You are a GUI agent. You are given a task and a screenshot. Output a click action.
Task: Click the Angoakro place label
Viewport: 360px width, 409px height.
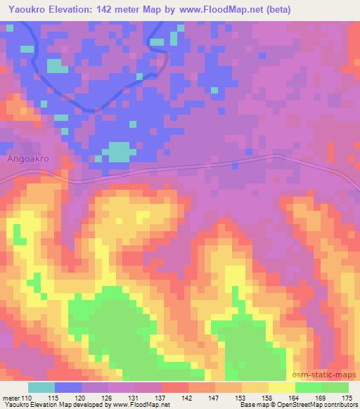pyautogui.click(x=27, y=159)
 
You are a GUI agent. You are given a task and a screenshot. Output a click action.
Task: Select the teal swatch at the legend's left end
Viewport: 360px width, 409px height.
pyautogui.click(x=41, y=387)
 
